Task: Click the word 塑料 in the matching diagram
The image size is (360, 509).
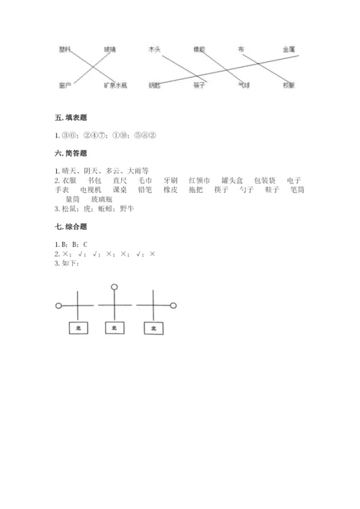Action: [x=66, y=49]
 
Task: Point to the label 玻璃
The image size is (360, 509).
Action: [x=109, y=49]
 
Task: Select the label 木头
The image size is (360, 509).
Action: [x=153, y=49]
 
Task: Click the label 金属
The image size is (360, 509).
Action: [x=289, y=49]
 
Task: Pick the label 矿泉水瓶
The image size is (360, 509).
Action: [x=115, y=85]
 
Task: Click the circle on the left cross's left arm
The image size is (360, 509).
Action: [x=58, y=306]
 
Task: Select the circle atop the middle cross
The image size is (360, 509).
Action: [x=114, y=287]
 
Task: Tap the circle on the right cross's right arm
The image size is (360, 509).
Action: [x=174, y=306]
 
